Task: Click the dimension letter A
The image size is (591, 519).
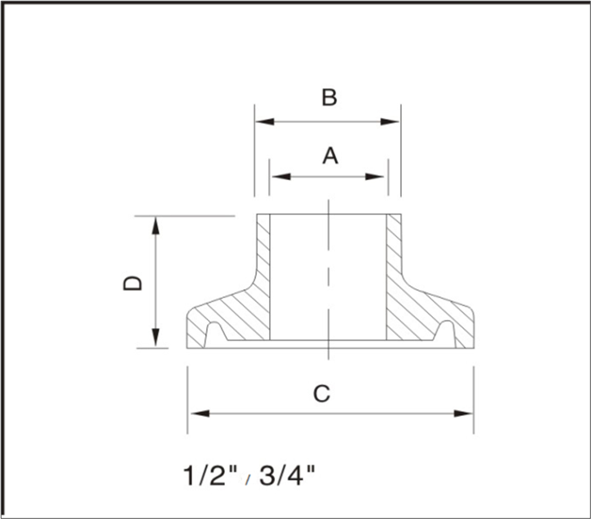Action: click(330, 156)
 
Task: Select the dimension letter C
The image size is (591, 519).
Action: click(321, 394)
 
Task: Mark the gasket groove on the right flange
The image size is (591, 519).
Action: click(445, 334)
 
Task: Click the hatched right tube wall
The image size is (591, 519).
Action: click(394, 248)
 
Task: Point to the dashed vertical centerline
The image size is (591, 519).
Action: click(329, 275)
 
